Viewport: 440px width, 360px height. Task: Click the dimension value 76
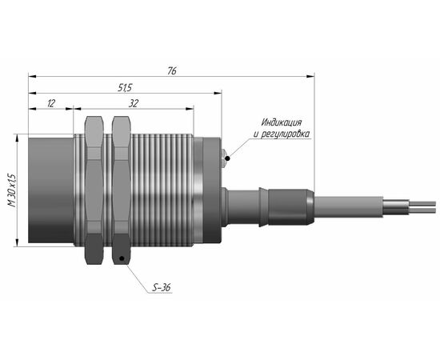(172, 71)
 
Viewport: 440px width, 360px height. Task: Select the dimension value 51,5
(125, 88)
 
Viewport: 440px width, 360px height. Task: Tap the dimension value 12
(50, 103)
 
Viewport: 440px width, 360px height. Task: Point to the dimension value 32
(134, 103)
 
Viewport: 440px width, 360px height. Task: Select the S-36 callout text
(162, 288)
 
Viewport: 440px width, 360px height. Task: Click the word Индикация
(282, 122)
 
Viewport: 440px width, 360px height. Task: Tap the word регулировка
(286, 134)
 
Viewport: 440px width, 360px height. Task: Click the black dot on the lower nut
(122, 258)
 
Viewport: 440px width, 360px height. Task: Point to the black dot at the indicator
(227, 159)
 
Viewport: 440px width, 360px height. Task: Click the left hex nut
(94, 190)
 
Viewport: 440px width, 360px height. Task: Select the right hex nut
(122, 190)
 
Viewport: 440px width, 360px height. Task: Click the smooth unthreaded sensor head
(50, 190)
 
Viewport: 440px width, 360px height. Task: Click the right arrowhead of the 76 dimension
(310, 76)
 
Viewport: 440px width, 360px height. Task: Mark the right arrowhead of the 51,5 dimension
(218, 93)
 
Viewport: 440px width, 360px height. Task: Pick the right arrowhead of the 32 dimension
(190, 109)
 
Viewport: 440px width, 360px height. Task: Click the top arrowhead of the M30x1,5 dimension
(17, 138)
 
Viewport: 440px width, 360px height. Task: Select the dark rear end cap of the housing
(212, 190)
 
